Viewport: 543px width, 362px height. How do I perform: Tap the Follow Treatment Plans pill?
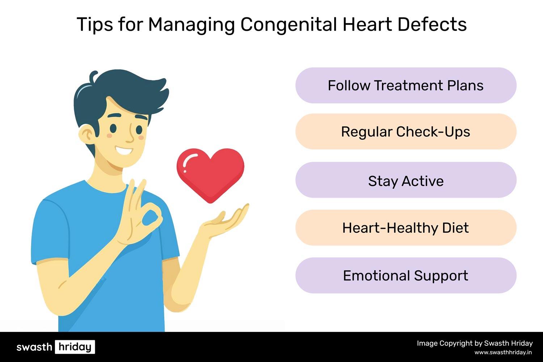point(406,85)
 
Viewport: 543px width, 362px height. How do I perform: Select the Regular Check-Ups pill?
point(406,131)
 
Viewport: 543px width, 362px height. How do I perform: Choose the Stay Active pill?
point(406,180)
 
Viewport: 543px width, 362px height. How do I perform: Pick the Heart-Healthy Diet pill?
point(406,228)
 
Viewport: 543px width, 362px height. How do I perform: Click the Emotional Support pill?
point(406,275)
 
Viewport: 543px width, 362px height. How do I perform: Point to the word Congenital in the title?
point(289,25)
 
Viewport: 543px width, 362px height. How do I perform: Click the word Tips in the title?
point(95,24)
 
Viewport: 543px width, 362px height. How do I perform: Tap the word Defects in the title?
point(432,24)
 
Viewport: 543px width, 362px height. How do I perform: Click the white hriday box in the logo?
point(75,347)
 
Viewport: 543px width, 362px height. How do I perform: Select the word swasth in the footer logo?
point(34,347)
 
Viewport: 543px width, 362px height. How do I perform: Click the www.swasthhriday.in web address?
point(503,352)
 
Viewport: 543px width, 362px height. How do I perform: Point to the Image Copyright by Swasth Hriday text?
point(475,343)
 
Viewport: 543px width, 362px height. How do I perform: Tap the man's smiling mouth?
point(124,150)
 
